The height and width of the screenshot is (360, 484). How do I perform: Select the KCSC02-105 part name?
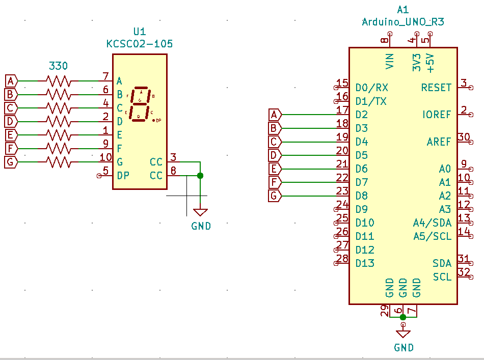point(139,44)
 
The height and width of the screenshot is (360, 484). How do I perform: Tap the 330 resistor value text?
point(58,66)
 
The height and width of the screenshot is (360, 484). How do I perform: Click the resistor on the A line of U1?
point(58,80)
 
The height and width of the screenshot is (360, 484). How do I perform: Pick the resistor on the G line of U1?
point(58,162)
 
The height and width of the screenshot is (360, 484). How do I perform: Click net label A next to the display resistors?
point(11,80)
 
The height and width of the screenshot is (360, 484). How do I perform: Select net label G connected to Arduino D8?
point(274,196)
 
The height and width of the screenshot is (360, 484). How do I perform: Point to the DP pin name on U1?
point(123,176)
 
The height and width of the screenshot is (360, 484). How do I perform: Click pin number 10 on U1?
point(105,157)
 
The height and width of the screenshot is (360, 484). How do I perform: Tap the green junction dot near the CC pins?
point(200,176)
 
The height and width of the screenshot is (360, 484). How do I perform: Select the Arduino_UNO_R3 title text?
point(402,21)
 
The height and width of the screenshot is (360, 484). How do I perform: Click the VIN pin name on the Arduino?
point(390,61)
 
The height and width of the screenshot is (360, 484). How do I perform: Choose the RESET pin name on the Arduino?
point(436,88)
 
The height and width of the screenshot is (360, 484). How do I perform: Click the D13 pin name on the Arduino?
point(365,263)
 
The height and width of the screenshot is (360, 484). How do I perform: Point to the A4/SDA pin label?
point(432,223)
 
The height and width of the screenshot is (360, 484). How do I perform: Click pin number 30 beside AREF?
point(463,136)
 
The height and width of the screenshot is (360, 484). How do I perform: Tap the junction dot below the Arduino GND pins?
point(403,317)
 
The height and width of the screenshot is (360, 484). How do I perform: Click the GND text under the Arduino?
point(404,348)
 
